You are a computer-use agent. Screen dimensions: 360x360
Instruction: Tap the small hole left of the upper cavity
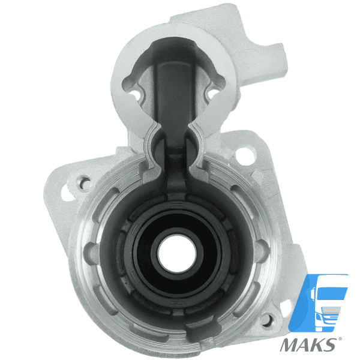pyautogui.click(x=134, y=94)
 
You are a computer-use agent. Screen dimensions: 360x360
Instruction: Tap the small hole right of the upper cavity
pyautogui.click(x=212, y=94)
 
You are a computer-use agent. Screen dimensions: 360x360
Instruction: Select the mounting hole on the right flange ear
pyautogui.click(x=243, y=152)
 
